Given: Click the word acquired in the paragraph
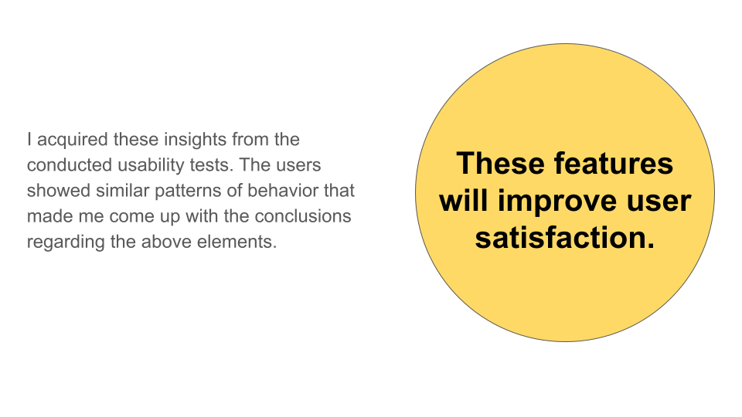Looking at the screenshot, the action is (73, 141).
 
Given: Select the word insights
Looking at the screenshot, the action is (196, 141).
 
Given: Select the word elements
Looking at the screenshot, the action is (237, 242).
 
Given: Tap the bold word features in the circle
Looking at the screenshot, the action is (613, 164).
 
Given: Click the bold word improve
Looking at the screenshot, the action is (558, 202).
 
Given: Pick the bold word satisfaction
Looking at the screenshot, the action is (565, 238).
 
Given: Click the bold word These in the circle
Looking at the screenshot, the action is (501, 164).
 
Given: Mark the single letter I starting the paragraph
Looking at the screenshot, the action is (29, 140).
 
